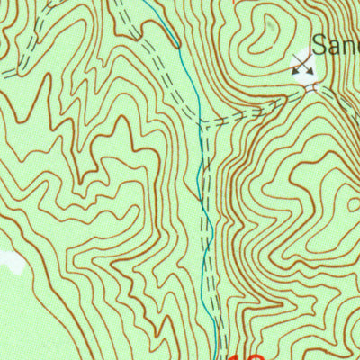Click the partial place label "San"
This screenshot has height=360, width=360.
(337, 44)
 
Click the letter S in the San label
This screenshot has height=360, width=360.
(321, 44)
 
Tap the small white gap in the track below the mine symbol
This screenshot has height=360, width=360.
(311, 87)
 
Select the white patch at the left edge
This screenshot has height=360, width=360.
(11, 262)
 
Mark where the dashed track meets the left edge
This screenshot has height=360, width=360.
(2, 72)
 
